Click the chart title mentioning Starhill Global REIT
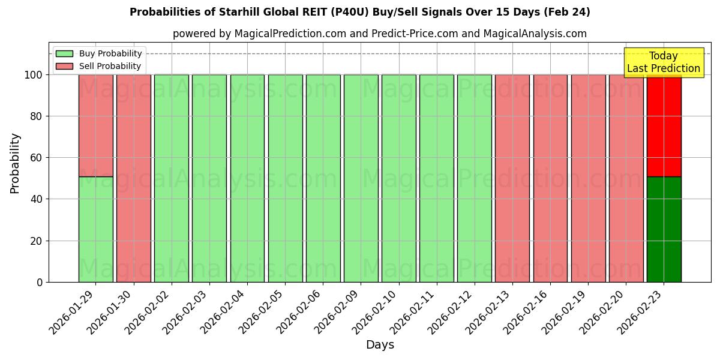359,12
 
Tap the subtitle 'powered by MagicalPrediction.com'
379,34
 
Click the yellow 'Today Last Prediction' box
663,62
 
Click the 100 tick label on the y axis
33,75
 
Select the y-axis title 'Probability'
15,163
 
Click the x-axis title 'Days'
380,345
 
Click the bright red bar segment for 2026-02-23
664,125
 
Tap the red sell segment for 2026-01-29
95,125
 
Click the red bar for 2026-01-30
133,178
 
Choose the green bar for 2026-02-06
323,178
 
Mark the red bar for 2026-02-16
550,178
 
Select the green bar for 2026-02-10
398,178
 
